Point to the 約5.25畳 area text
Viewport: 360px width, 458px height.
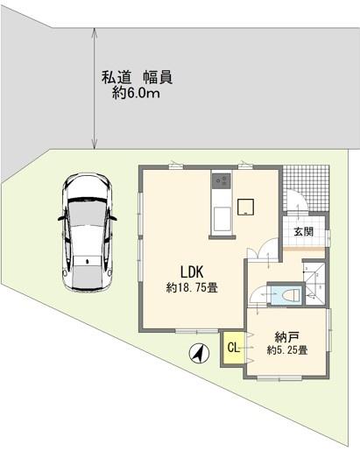click(286, 350)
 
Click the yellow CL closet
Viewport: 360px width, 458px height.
click(233, 348)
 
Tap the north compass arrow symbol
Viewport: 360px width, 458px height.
click(200, 354)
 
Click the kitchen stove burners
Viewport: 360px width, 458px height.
click(219, 182)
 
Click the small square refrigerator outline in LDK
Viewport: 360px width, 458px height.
click(248, 206)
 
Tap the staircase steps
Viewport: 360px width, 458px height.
click(315, 280)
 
